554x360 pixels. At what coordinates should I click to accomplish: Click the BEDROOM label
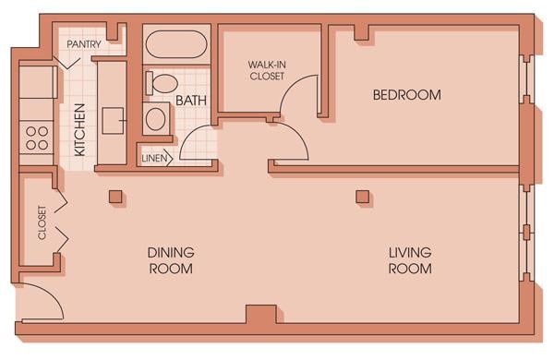pos(406,95)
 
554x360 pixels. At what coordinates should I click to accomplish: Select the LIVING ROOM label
pos(410,260)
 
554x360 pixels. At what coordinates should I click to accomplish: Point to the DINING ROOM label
pos(171,260)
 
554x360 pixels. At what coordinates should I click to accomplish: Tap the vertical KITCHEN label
pos(80,129)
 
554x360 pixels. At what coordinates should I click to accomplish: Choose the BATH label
pos(191,100)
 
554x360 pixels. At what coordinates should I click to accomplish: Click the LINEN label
pos(153,158)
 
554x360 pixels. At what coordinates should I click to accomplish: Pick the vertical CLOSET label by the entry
pos(42,222)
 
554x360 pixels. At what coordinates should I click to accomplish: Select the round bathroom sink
pos(157,118)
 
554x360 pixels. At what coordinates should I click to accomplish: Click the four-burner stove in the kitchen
pos(37,138)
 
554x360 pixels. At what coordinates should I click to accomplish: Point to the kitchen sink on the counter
pos(114,118)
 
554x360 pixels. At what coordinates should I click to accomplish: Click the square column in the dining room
pos(114,196)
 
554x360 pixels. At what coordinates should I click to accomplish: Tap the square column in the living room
pos(362,196)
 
